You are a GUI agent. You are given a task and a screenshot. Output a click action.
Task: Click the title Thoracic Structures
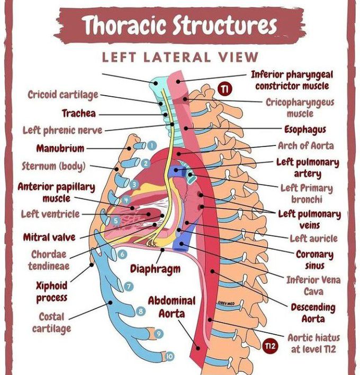click(x=179, y=25)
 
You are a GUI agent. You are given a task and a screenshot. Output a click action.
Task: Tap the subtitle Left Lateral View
click(x=180, y=57)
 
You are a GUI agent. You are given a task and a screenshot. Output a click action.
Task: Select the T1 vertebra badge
click(x=224, y=90)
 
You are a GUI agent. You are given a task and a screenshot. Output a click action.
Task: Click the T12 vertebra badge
click(x=270, y=346)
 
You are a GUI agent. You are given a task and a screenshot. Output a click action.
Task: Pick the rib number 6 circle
click(x=122, y=254)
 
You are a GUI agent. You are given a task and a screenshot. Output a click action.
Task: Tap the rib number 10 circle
click(x=169, y=357)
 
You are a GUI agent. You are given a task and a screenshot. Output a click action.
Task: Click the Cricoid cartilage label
click(x=63, y=95)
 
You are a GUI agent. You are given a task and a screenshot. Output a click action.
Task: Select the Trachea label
click(x=78, y=113)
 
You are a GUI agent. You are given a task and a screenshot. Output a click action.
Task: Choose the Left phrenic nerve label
click(x=62, y=130)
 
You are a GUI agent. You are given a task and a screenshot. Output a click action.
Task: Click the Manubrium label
click(x=60, y=149)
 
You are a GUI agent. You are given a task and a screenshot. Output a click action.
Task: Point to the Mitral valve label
click(x=49, y=237)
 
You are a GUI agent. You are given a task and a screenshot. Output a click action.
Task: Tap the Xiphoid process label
click(x=51, y=291)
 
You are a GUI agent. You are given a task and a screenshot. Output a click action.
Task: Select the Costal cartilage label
click(x=51, y=322)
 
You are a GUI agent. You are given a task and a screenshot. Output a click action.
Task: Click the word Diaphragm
click(x=155, y=269)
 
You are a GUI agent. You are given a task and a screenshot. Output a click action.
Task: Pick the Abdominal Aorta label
click(x=172, y=307)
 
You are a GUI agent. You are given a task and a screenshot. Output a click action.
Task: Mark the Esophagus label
click(x=305, y=129)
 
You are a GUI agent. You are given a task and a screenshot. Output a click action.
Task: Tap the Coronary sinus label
click(x=314, y=259)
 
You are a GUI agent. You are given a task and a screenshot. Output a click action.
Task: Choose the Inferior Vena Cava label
click(x=313, y=285)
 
